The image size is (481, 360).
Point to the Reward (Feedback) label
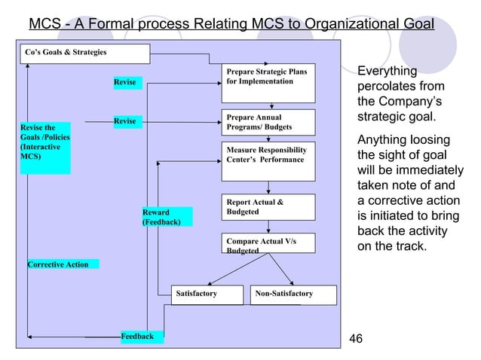[166, 217]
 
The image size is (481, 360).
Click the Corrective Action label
[58, 264]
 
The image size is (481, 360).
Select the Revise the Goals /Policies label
[44, 148]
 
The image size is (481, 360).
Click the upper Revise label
[124, 82]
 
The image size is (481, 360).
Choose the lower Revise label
[124, 121]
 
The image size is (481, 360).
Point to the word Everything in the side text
[387, 72]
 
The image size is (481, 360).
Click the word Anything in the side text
[382, 141]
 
